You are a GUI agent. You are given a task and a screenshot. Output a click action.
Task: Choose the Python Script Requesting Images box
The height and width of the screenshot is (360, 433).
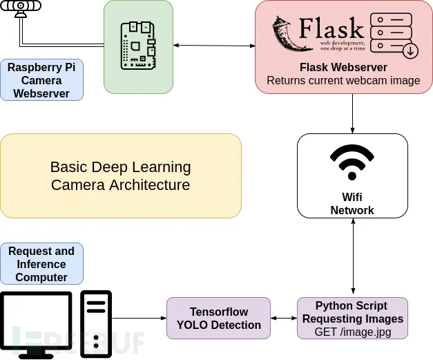352,318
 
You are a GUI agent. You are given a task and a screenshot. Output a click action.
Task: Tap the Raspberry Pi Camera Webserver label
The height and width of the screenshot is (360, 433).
41,80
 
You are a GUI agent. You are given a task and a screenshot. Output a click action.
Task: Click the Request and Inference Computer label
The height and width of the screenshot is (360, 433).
41,264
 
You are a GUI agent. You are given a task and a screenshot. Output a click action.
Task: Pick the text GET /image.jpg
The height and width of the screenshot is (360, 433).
352,332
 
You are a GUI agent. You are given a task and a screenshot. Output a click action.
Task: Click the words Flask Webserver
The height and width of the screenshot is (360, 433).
343,68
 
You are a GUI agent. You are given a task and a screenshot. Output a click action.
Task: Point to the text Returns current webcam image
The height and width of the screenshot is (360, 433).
343,80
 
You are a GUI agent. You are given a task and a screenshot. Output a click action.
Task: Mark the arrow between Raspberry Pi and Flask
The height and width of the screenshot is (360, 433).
214,46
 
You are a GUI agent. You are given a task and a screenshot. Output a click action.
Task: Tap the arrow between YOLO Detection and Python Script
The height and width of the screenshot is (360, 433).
283,319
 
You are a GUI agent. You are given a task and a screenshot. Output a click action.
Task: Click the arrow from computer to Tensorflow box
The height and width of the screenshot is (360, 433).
139,319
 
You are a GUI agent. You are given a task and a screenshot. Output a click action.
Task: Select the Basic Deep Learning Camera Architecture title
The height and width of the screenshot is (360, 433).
121,176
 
